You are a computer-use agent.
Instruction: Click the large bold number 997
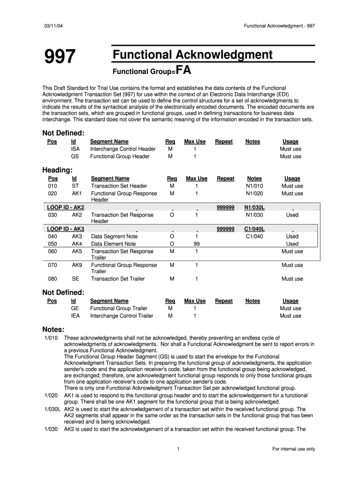click(x=60, y=57)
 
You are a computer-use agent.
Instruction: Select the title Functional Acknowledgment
click(x=192, y=55)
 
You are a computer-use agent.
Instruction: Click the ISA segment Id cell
click(x=75, y=149)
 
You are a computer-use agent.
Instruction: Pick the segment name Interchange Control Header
click(x=122, y=149)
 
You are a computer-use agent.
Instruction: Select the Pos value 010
click(x=53, y=186)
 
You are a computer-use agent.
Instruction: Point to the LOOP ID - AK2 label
click(x=66, y=207)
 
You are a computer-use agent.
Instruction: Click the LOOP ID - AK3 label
click(x=66, y=229)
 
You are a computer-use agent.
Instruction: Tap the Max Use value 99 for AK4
click(x=197, y=244)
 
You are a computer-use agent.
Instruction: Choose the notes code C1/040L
click(x=254, y=229)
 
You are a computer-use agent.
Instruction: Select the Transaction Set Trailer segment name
click(x=118, y=279)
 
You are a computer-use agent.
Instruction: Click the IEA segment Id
click(x=75, y=316)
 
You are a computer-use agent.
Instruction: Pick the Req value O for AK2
click(x=172, y=215)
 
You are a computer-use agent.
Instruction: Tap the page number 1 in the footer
click(x=179, y=449)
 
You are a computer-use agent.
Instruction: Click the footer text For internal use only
click(x=294, y=449)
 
